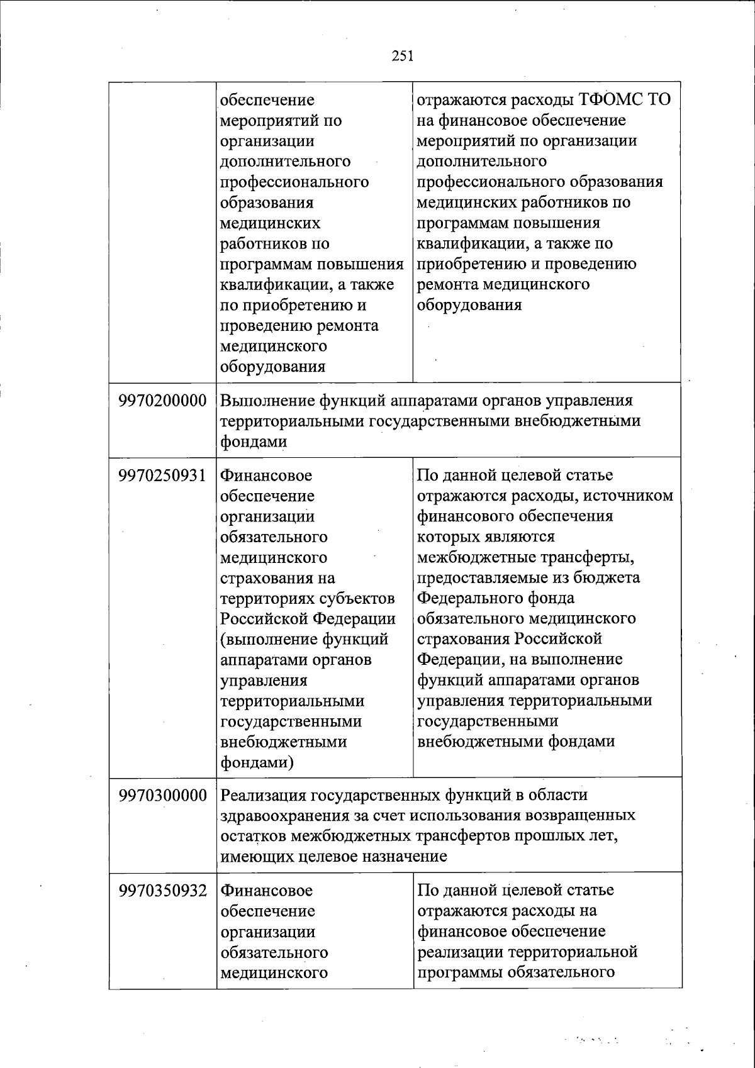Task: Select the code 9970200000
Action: pyautogui.click(x=163, y=401)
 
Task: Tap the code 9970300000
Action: pyautogui.click(x=163, y=796)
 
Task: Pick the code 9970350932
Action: pyautogui.click(x=163, y=891)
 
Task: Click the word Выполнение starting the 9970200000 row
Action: pyautogui.click(x=267, y=401)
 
